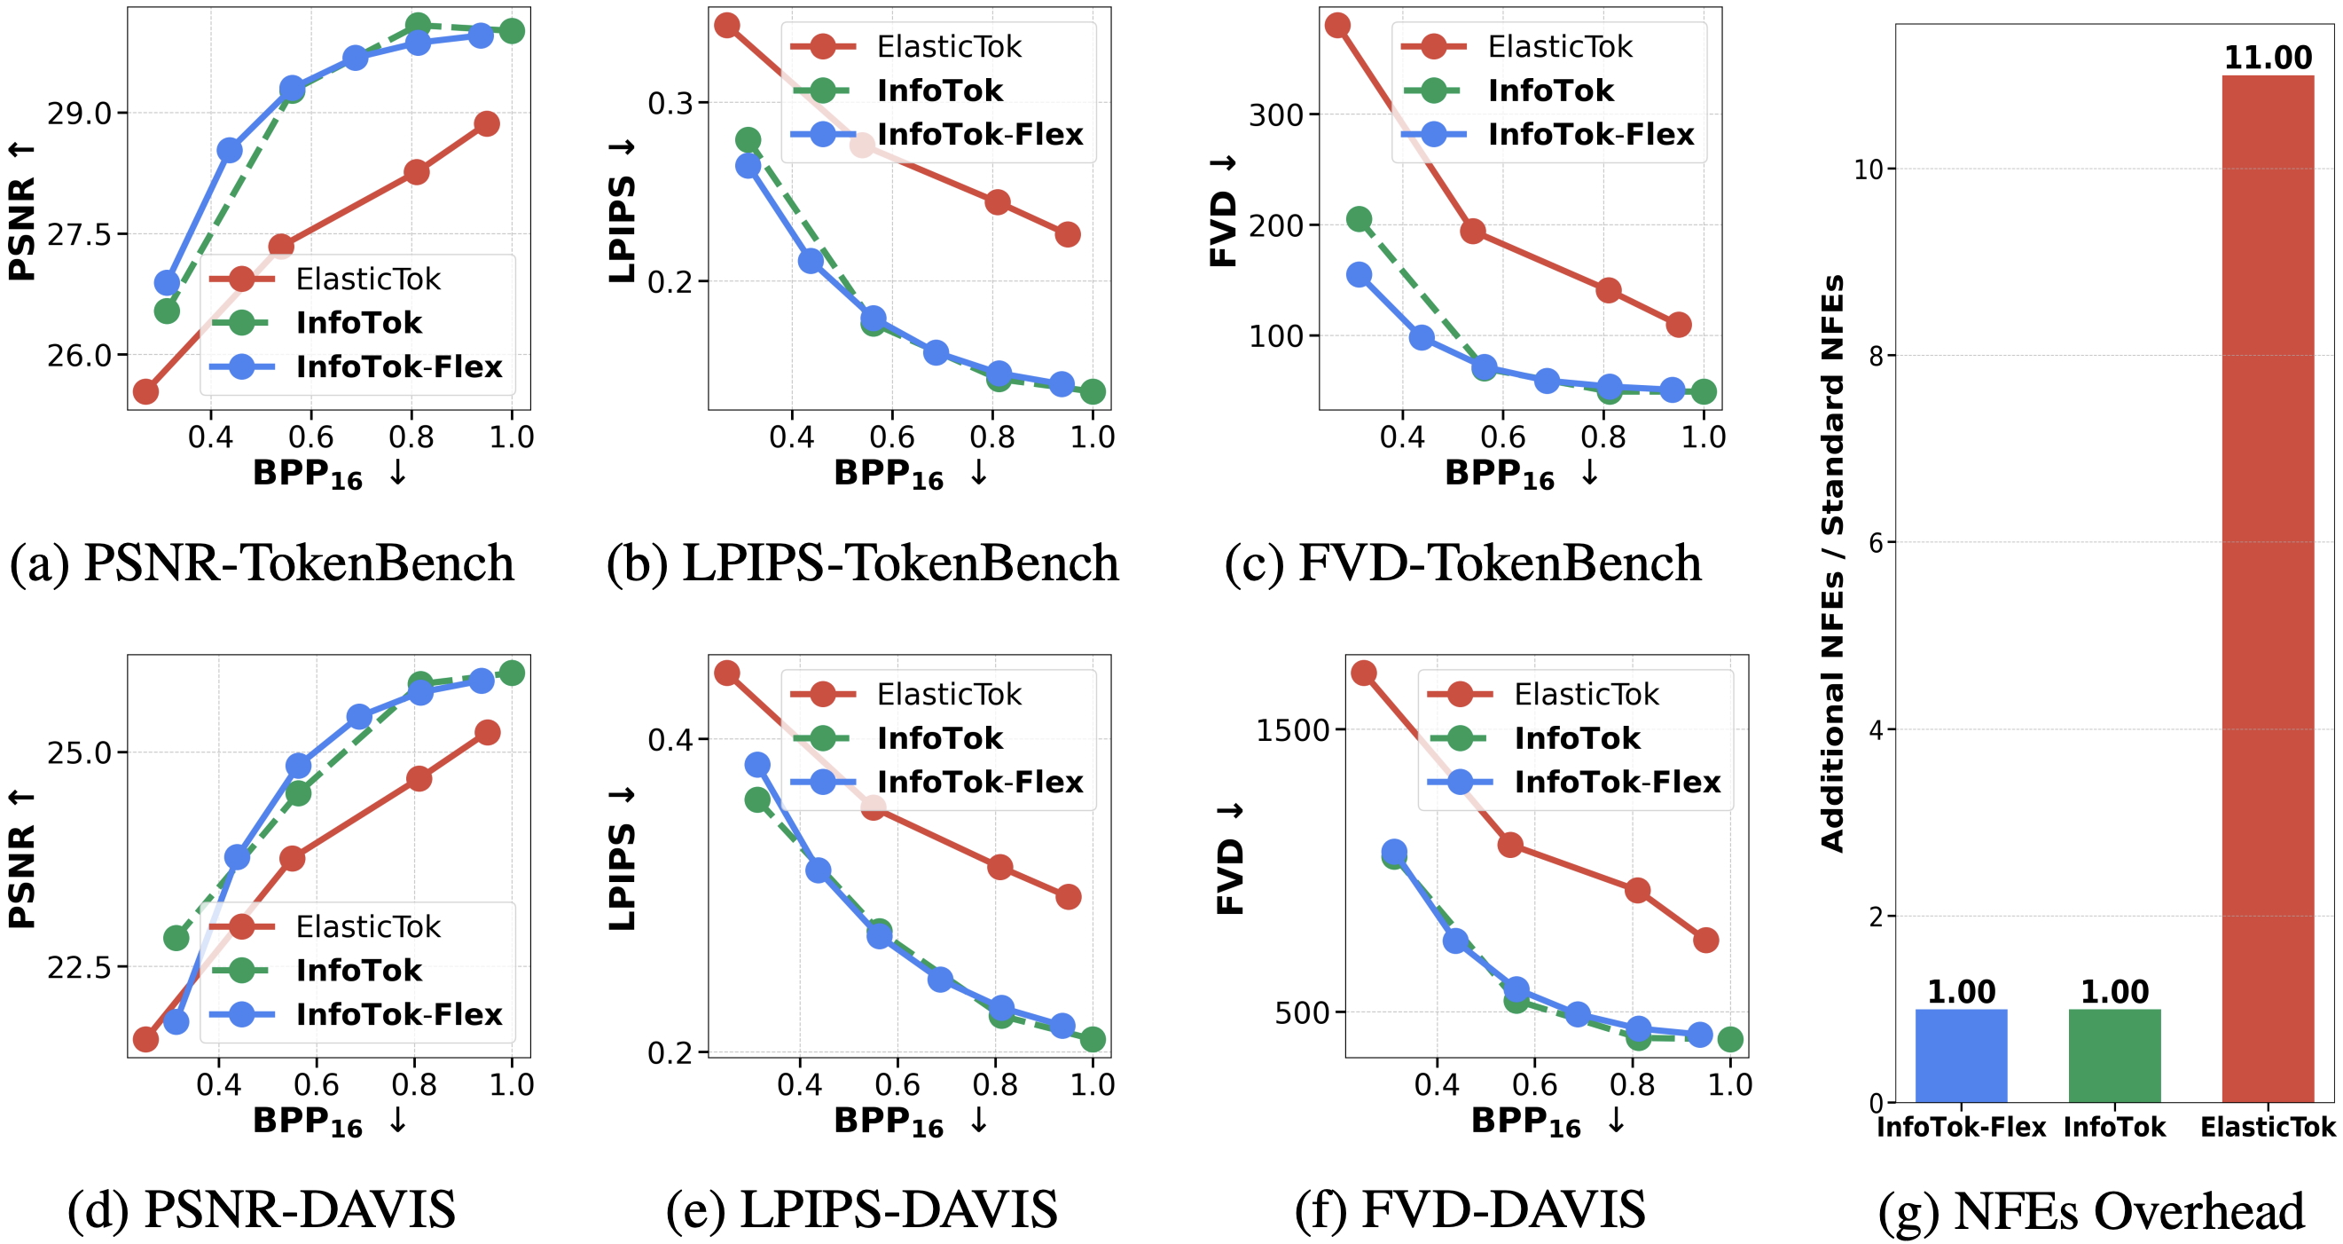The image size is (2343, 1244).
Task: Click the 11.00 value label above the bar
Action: [2268, 58]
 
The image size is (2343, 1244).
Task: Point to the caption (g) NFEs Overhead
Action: [2090, 1210]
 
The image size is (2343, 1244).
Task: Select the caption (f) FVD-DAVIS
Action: [1469, 1210]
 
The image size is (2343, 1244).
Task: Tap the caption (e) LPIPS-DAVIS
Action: [861, 1210]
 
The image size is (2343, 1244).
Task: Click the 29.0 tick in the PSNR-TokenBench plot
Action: [79, 114]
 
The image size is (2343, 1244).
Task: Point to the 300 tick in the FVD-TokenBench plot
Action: [1276, 115]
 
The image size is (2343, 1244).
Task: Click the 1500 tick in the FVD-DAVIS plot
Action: [1292, 730]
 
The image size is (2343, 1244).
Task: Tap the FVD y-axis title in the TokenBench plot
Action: [1224, 211]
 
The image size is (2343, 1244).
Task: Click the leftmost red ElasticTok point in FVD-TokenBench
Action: [1336, 26]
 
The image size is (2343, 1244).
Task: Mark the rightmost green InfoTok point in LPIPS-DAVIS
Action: [1093, 1039]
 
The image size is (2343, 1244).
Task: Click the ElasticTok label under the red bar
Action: [2267, 1128]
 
